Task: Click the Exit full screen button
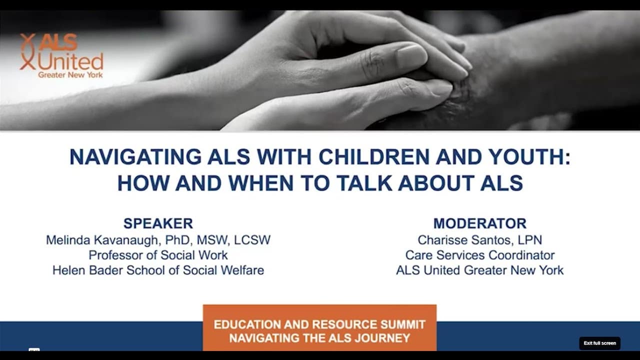pos(599,343)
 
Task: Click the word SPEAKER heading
pos(158,223)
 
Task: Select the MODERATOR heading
pos(480,223)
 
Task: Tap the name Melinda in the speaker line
pos(68,240)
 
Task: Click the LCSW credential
pos(252,240)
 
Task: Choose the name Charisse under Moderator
pos(442,240)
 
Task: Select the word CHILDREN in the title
pos(374,157)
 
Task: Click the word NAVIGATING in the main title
pos(135,157)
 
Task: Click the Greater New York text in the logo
pos(70,75)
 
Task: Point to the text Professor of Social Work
pos(158,255)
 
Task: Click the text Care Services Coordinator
pos(480,255)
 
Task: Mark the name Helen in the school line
pos(69,270)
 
